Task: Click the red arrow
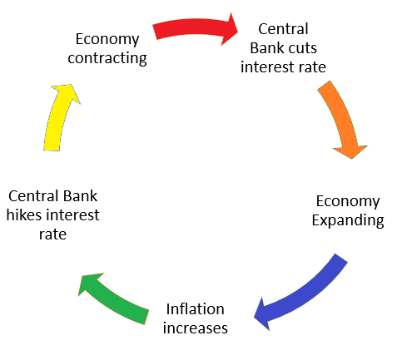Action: [194, 27]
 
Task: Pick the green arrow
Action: [114, 298]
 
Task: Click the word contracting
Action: [107, 58]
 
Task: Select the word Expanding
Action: [348, 220]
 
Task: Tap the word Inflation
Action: [196, 308]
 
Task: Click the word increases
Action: [196, 328]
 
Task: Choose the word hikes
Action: [24, 215]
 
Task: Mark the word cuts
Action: [302, 48]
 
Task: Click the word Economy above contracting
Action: [107, 39]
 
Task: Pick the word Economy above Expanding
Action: [348, 201]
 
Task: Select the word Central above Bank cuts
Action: [283, 29]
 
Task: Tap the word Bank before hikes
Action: [80, 196]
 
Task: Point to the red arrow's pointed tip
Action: [238, 32]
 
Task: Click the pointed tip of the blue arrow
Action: [254, 318]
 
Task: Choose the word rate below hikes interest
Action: [52, 234]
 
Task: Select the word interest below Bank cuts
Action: [265, 67]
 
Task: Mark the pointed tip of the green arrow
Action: [79, 295]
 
